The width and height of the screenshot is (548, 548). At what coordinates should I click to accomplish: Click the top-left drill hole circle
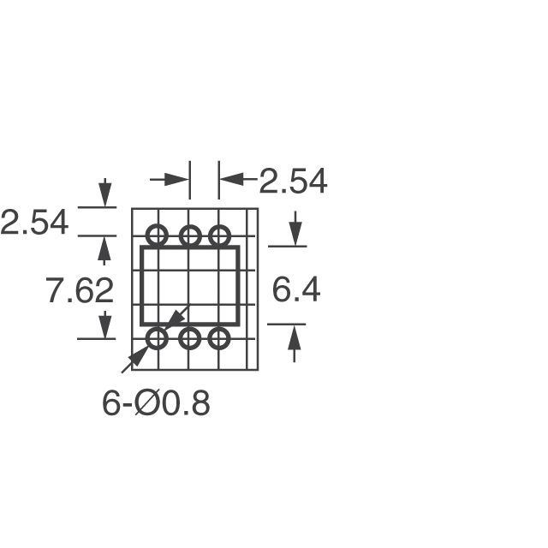(x=158, y=235)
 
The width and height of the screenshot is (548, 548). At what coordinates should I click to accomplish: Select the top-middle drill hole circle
(x=189, y=235)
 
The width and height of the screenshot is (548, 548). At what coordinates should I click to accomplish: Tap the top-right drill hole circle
(x=220, y=235)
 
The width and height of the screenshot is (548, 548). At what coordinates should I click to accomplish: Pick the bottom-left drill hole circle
(x=158, y=338)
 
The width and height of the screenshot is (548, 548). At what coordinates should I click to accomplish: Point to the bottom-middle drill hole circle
(x=189, y=338)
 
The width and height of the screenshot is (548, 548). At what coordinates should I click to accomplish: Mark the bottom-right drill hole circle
(x=220, y=338)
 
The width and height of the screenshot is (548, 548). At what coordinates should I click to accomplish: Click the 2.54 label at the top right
(x=293, y=182)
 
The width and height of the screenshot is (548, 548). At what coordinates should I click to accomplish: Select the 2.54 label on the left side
(x=34, y=223)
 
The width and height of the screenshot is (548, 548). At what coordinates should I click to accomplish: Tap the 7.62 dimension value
(x=80, y=291)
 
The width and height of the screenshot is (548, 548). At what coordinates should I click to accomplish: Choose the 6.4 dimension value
(x=296, y=290)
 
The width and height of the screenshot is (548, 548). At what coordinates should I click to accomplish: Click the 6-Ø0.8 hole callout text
(x=156, y=403)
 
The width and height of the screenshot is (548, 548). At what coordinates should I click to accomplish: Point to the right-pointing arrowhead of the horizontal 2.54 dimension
(x=177, y=179)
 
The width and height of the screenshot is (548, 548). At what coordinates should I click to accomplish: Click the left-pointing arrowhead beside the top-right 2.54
(x=230, y=179)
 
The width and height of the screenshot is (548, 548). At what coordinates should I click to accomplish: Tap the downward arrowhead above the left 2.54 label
(x=104, y=196)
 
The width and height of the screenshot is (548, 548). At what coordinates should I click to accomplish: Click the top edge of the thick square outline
(x=189, y=247)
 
